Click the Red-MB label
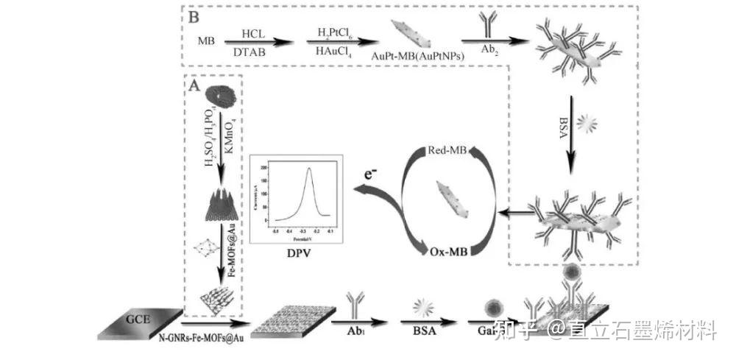(445, 151)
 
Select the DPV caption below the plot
(296, 253)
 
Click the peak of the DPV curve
(309, 169)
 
